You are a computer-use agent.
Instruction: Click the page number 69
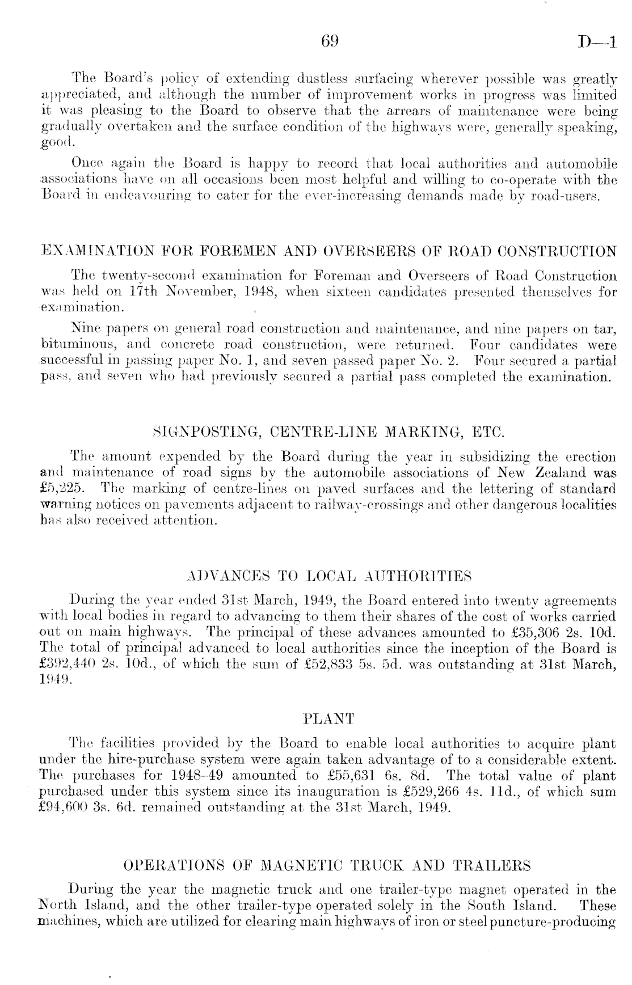330,41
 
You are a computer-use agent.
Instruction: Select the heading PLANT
329,719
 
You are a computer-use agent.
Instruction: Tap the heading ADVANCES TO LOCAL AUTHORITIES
329,577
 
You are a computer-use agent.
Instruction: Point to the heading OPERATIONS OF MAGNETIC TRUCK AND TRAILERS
327,865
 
